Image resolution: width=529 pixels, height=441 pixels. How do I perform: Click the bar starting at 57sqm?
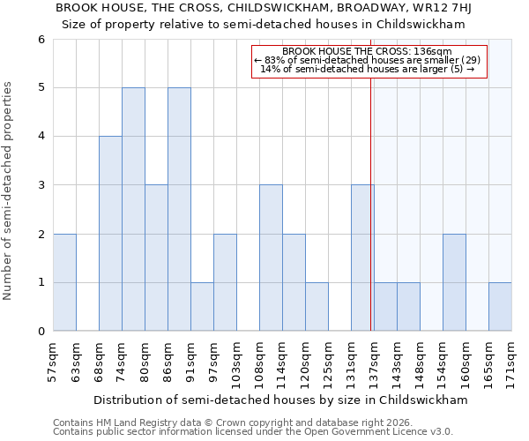tap(64, 282)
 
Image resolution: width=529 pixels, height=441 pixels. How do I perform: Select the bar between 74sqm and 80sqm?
tap(133, 209)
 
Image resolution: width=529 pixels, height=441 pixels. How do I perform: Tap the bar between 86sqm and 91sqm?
tap(179, 209)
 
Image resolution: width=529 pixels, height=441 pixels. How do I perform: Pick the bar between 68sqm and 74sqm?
tap(110, 234)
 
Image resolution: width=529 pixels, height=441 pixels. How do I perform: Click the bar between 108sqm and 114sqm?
tap(271, 258)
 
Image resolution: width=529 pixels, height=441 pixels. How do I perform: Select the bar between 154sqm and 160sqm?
tap(454, 282)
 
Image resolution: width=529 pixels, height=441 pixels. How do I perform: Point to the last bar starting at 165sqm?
tap(500, 307)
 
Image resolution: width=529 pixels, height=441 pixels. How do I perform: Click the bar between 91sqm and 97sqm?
tap(202, 307)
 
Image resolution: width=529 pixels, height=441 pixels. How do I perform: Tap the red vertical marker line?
tap(371, 220)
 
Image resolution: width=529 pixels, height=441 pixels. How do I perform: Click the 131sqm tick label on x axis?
tap(352, 359)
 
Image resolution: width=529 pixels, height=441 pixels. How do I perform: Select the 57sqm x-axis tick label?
tap(54, 357)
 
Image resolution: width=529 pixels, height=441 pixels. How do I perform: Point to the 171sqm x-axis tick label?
tap(512, 359)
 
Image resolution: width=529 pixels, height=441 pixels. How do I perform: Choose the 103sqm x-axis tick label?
tap(237, 359)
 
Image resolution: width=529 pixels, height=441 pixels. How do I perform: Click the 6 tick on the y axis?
tap(41, 39)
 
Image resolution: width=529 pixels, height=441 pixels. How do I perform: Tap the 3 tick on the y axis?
tap(41, 185)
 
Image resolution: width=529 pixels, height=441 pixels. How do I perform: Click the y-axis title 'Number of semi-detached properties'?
tap(9, 191)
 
